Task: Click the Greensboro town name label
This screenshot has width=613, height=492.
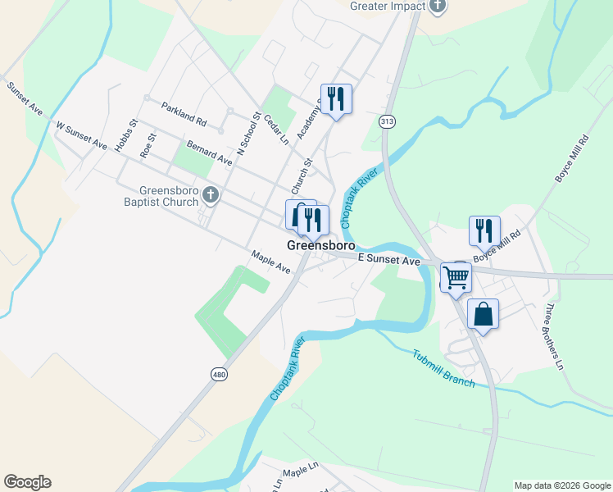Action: click(320, 245)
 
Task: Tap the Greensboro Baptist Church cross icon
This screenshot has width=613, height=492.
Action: click(211, 194)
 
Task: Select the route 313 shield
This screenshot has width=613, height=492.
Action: click(388, 121)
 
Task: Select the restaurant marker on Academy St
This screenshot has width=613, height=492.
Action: click(336, 98)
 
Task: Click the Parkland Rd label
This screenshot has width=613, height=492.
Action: click(184, 113)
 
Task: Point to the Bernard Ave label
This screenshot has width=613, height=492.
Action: click(210, 153)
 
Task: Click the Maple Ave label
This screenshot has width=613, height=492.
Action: click(271, 262)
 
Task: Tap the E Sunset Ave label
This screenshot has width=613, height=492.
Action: click(389, 260)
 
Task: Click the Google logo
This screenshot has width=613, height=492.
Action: click(27, 482)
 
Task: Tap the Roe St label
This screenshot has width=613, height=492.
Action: click(148, 145)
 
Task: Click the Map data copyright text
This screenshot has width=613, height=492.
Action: click(561, 485)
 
